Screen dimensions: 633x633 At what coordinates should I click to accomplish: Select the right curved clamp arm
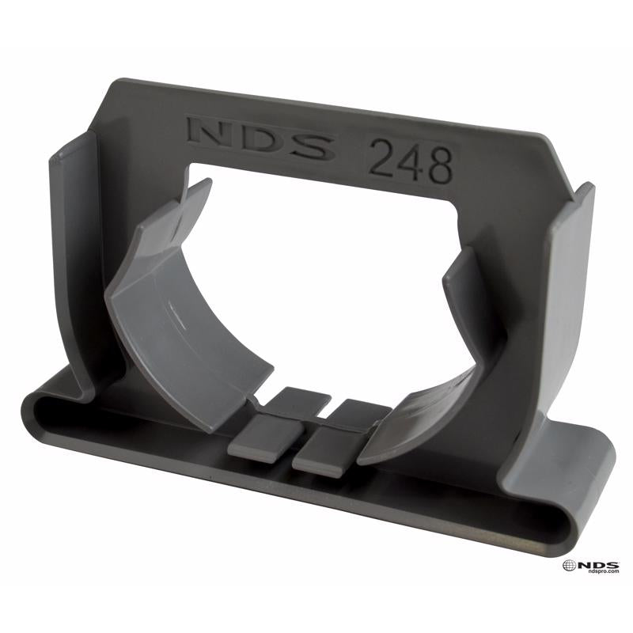click(443, 380)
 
